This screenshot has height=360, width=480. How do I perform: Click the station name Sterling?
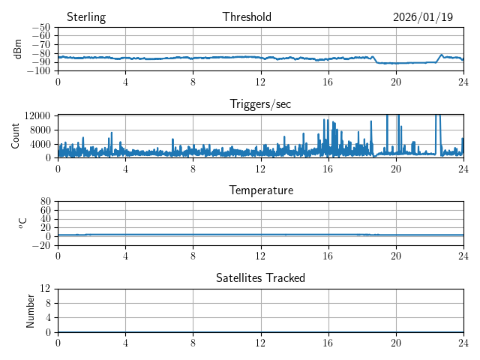click(x=85, y=17)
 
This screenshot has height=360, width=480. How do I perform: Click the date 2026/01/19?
click(x=423, y=17)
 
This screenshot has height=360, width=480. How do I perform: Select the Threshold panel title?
click(x=247, y=17)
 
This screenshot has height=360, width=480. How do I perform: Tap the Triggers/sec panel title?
click(x=260, y=104)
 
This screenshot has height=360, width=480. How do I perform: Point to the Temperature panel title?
click(x=260, y=190)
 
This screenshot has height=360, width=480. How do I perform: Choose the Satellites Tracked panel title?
click(x=260, y=277)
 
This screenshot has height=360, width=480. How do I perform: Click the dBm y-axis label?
click(x=18, y=49)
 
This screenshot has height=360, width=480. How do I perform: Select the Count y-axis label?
click(x=15, y=136)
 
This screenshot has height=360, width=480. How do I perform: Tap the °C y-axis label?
click(x=22, y=223)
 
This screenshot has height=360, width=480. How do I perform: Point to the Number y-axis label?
click(x=30, y=310)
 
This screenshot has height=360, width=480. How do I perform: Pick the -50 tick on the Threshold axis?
click(x=41, y=28)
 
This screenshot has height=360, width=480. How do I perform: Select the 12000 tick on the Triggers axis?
click(x=37, y=115)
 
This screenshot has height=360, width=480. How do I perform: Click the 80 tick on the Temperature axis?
click(x=46, y=202)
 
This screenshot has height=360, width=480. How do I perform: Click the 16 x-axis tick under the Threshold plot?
click(x=328, y=81)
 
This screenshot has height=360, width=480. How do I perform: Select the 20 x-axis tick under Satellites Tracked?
click(x=395, y=342)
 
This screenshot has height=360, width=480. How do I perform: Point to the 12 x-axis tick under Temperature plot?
click(x=260, y=255)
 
